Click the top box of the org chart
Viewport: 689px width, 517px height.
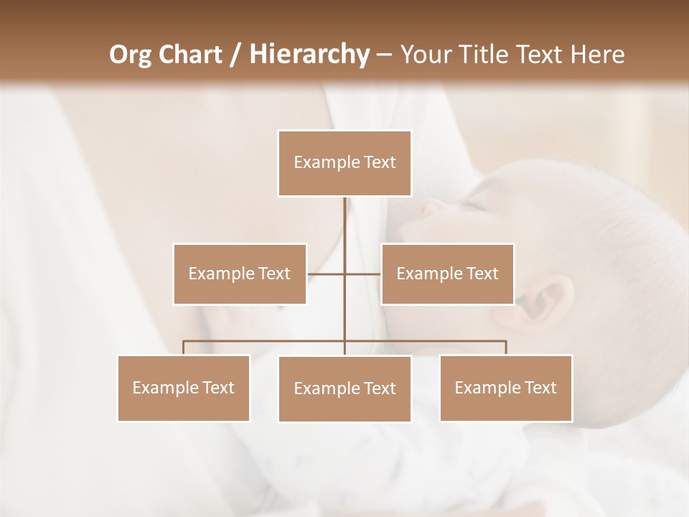(x=344, y=163)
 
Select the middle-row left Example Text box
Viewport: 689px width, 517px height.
(x=240, y=274)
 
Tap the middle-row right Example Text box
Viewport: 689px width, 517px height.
(x=447, y=274)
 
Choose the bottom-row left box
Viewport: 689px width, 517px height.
(x=184, y=388)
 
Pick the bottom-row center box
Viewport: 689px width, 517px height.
(x=344, y=388)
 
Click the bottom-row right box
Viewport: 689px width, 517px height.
(x=505, y=388)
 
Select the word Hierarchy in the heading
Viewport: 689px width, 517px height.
(x=309, y=55)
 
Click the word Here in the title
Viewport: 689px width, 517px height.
(x=596, y=55)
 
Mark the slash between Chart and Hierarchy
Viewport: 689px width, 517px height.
(x=236, y=55)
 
